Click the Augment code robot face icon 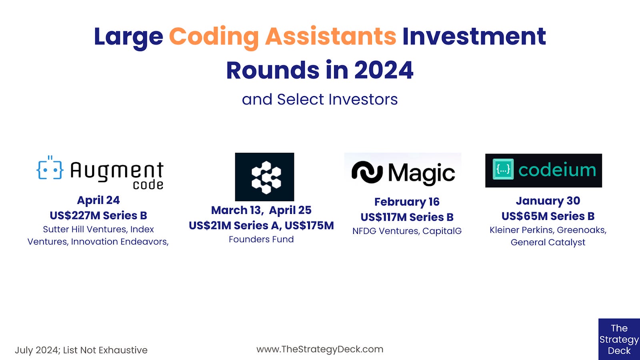[x=50, y=169]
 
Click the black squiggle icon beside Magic [x=367, y=172]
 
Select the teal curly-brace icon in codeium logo [x=503, y=170]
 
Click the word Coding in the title [x=214, y=37]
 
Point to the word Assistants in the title [x=330, y=37]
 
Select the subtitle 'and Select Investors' [x=320, y=99]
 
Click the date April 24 [x=98, y=200]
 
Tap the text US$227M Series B [x=98, y=216]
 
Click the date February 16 [x=407, y=202]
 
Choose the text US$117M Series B [x=407, y=217]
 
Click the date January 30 [x=548, y=201]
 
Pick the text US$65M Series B [x=548, y=216]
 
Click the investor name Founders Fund [x=261, y=239]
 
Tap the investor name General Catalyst [x=548, y=242]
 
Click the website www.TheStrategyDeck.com [x=320, y=349]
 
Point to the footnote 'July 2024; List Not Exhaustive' [x=81, y=350]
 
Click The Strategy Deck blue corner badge [x=619, y=339]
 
